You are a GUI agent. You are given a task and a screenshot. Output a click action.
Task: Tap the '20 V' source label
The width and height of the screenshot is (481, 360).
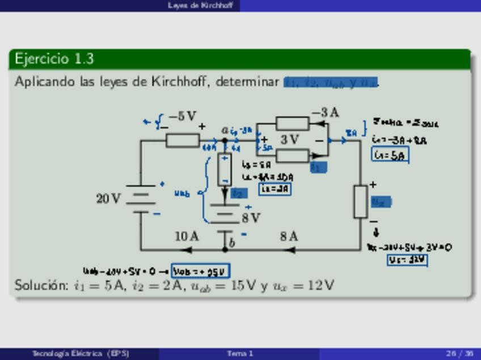108,199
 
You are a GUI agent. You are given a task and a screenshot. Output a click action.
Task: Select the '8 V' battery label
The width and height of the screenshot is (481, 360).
251,218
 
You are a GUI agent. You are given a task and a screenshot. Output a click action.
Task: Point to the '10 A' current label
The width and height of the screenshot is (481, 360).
187,236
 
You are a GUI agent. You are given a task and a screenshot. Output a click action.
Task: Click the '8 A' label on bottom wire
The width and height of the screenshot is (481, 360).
289,236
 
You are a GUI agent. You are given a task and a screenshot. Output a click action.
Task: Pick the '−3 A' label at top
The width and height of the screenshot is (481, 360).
325,113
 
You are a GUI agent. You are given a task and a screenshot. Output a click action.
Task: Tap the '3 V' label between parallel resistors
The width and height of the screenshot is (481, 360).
289,139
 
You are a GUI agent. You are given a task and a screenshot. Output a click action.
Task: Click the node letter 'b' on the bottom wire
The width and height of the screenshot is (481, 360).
231,243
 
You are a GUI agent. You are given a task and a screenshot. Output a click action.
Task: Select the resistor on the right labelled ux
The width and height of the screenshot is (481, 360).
360,201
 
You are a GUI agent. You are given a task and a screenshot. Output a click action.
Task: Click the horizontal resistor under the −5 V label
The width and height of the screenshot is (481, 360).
183,141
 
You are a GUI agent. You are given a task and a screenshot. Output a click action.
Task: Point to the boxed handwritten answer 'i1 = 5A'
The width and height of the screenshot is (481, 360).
390,154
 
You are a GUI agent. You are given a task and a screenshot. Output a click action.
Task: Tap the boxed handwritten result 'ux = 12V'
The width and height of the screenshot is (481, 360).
407,260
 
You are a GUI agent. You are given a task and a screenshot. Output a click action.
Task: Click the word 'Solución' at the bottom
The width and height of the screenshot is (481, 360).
41,285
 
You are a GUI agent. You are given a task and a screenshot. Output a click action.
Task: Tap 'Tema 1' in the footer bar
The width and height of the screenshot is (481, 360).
240,354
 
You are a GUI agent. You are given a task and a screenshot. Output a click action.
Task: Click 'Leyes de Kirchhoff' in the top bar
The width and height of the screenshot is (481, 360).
192,5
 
